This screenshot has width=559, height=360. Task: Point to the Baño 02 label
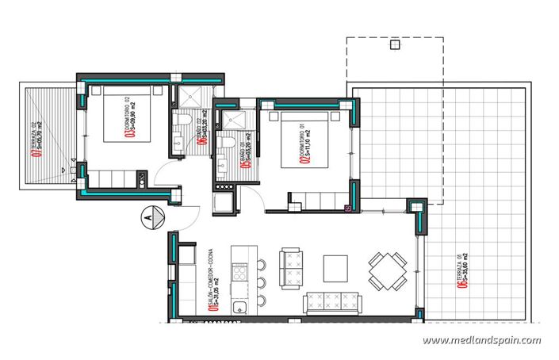click(203, 132)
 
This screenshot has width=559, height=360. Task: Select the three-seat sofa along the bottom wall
click(333, 302)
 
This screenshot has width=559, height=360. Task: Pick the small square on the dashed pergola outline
click(394, 45)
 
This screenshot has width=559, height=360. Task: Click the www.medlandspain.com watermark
click(481, 341)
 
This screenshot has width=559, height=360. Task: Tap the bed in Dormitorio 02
click(126, 119)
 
